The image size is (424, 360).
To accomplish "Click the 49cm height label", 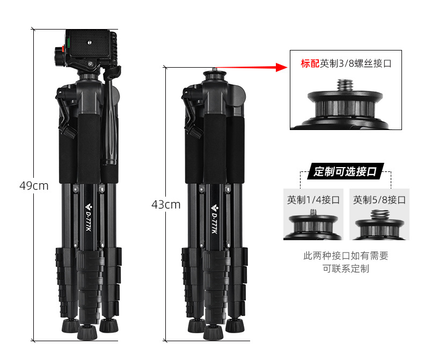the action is tap(34, 186).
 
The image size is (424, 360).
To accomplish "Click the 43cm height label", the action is tap(166, 205).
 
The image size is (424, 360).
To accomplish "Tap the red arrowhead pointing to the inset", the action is tap(282, 67).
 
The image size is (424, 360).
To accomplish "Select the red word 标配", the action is tap(310, 63).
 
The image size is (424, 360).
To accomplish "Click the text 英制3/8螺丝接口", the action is tap(356, 63).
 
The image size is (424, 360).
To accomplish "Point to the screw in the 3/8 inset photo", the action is tap(345, 86).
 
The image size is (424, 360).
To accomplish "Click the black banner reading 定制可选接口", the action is tap(345, 171).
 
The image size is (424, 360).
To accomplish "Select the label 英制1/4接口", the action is tap(313, 200).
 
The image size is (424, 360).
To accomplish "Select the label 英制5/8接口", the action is tap(379, 200).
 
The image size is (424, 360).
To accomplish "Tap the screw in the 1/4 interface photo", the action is tap(313, 212).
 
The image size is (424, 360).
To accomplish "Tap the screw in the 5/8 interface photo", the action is tap(379, 214).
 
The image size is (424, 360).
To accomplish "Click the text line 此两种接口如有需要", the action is tap(346, 256).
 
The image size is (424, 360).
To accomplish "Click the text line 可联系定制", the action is tap(346, 269).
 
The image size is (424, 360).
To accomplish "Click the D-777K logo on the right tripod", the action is tap(215, 219).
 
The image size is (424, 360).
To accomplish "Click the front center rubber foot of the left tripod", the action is tap(87, 332).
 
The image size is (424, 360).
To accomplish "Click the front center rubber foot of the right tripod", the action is tap(214, 332).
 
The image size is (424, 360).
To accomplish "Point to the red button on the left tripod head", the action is tap(63, 49).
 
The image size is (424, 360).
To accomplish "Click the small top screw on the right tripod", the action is tap(215, 69).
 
